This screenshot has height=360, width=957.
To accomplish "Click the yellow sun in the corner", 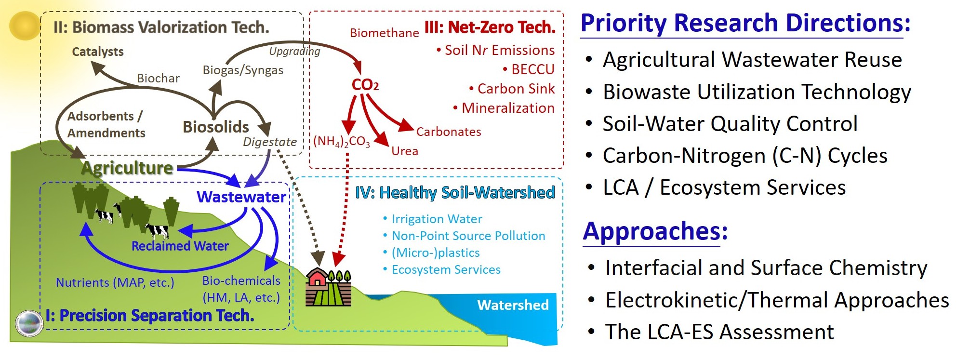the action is [x=24, y=26].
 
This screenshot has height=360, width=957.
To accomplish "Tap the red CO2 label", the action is [x=365, y=85].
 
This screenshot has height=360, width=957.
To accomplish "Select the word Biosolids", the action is [x=216, y=127].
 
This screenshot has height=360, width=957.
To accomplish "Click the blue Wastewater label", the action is [x=241, y=197].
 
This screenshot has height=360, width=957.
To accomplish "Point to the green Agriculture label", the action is [x=127, y=168].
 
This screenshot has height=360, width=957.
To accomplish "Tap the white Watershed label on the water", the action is [x=513, y=305].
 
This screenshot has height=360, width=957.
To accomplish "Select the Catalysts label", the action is [x=98, y=52].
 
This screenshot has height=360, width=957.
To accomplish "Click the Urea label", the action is [x=405, y=151].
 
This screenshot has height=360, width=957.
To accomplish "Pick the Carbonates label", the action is [x=449, y=132].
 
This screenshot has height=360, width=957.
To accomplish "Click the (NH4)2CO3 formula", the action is [x=342, y=142].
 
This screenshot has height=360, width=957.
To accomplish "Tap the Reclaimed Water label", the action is [x=180, y=246].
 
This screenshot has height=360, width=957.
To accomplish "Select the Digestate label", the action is [x=270, y=142].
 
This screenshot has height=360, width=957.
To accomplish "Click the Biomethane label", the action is [x=385, y=33].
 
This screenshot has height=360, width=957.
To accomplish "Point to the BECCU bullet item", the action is [x=529, y=69].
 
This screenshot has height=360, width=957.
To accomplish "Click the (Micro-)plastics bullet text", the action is [x=436, y=253].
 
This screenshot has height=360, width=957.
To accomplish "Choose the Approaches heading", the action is [x=655, y=231].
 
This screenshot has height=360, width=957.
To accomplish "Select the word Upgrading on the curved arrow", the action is [x=294, y=52].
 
